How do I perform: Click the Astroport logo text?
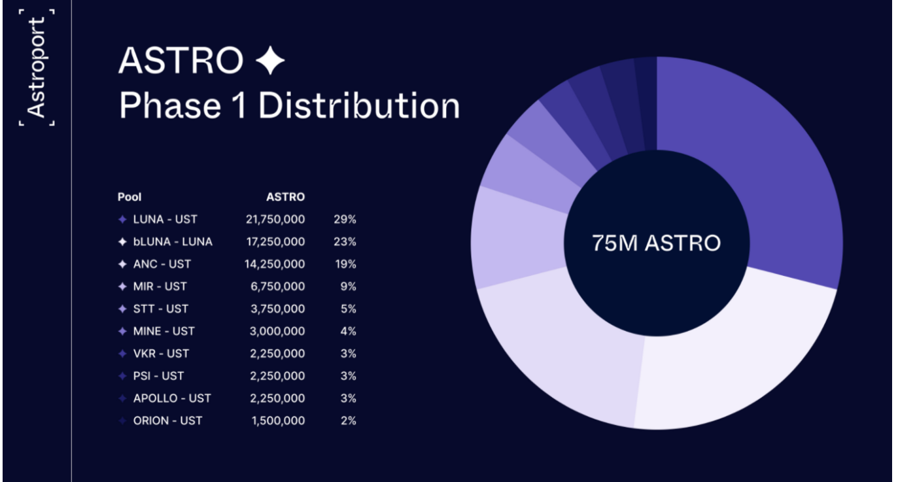pos(37,67)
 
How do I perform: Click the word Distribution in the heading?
pos(359,106)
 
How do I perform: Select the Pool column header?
pos(130,197)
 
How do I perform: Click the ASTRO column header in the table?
pos(285,197)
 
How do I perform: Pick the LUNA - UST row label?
pos(165,219)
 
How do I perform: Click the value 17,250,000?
pos(275,241)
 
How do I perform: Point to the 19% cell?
pos(345,264)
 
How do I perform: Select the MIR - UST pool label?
pos(160,286)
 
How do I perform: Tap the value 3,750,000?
pos(278,309)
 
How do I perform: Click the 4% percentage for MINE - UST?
pos(349,331)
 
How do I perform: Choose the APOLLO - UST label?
pos(172,398)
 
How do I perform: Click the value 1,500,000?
pos(278,421)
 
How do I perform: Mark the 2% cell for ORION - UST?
pos(349,421)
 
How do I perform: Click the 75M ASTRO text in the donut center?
pos(656,243)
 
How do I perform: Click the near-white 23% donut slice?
pos(726,366)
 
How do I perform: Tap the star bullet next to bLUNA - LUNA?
pos(122,242)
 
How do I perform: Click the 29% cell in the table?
pos(345,219)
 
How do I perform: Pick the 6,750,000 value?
pos(278,286)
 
